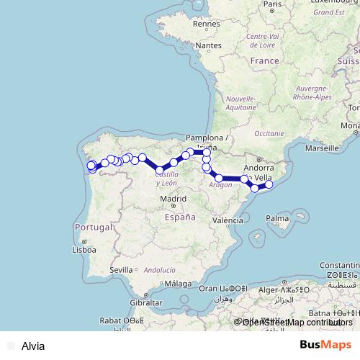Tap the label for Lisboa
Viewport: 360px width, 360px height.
tap(84, 250)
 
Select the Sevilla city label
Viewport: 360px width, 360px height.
tap(122, 269)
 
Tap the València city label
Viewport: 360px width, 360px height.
tap(228, 220)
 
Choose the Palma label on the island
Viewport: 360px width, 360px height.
tap(276, 217)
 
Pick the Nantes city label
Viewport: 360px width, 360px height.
tap(208, 45)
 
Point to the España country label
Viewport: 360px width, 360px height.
tap(179, 216)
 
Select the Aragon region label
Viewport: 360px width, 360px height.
tap(220, 184)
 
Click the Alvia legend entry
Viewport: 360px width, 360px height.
tap(33, 346)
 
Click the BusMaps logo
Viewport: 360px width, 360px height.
tap(325, 345)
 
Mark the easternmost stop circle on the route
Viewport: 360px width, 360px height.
tap(269, 185)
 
